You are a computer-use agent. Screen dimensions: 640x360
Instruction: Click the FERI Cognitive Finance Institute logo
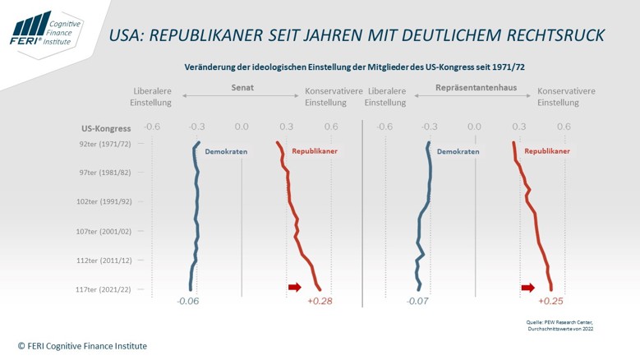46,30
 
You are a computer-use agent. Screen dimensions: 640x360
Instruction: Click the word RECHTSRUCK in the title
555,35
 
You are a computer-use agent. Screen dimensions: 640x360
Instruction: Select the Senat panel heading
242,88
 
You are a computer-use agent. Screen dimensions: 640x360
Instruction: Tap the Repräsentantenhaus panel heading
476,88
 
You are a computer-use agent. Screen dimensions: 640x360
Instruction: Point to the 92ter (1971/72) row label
105,144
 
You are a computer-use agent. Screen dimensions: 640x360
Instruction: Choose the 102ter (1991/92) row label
104,201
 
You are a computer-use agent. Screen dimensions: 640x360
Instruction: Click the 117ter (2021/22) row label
104,289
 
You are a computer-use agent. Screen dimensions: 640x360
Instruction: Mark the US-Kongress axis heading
106,128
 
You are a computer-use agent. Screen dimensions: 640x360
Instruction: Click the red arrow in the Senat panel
295,287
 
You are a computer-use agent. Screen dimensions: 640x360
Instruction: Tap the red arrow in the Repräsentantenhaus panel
528,288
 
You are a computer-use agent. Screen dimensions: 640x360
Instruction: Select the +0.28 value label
320,301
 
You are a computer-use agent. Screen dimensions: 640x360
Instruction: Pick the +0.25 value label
550,301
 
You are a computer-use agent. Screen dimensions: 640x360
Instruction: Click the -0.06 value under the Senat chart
188,301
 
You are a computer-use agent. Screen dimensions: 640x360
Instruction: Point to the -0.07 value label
417,301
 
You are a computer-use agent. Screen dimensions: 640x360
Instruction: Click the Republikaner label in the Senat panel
315,151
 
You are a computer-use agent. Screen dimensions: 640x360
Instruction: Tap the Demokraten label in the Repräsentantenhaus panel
458,151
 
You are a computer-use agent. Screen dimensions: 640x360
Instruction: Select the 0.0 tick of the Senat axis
242,127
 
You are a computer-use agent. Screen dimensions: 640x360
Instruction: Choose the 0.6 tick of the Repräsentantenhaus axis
564,127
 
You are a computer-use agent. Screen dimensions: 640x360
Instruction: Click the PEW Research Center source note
559,325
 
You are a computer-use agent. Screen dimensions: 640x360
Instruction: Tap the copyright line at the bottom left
82,346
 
